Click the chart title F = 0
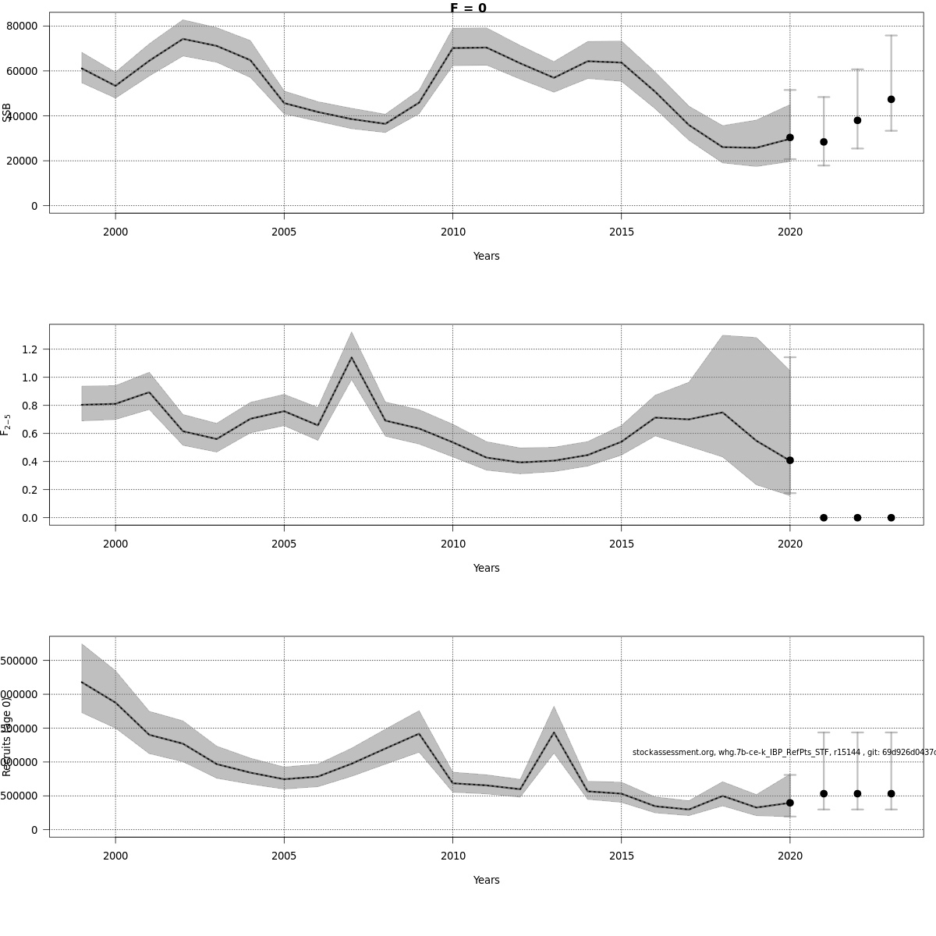coord(468,9)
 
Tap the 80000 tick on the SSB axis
coord(23,26)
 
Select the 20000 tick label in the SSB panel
coord(23,161)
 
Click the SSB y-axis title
coord(7,112)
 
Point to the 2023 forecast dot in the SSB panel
coord(891,99)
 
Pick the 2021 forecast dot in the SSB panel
coord(824,142)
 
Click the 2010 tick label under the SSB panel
coord(452,232)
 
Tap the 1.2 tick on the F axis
coord(30,349)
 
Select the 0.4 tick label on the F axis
coord(30,462)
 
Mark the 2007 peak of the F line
coord(351,357)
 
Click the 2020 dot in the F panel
coord(790,460)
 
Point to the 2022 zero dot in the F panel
coord(857,518)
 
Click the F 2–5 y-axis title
coord(6,424)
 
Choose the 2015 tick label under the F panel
coord(621,544)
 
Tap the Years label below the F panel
coord(486,568)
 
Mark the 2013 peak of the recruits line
coord(554,732)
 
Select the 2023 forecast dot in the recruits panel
coord(891,793)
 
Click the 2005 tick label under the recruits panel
coord(284,856)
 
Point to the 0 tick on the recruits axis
coord(35,830)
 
